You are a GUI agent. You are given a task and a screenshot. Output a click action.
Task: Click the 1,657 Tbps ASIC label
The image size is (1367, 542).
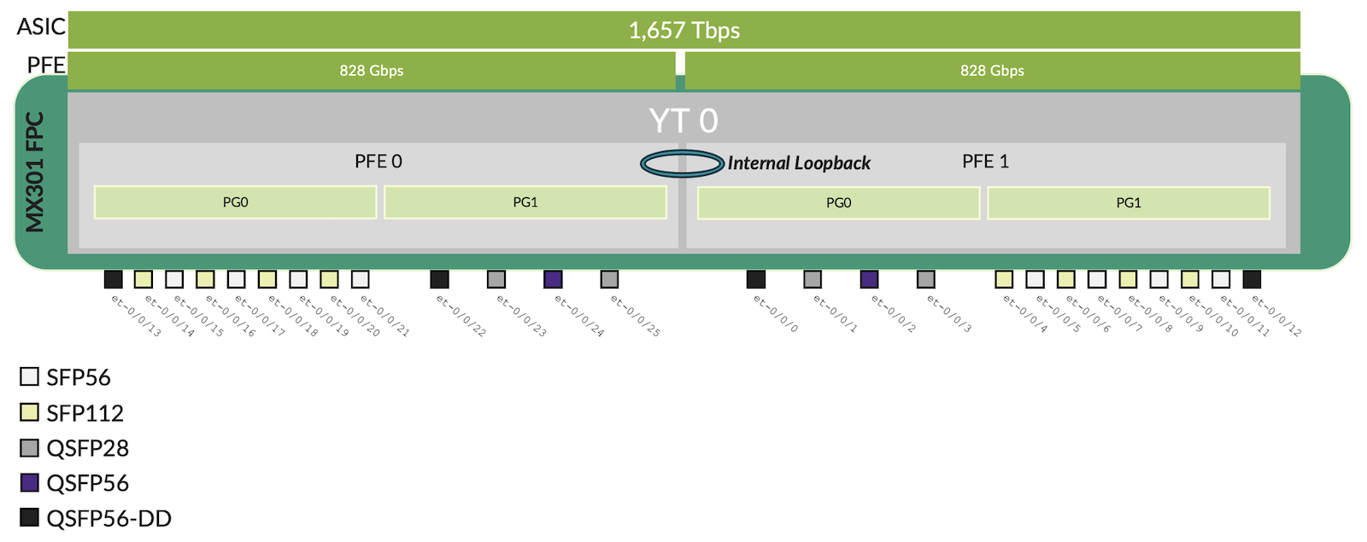[x=683, y=31]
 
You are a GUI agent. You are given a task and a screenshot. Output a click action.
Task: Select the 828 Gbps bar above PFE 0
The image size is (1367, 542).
[x=371, y=71]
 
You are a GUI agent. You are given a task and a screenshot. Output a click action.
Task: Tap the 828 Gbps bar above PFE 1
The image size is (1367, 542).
[x=991, y=71]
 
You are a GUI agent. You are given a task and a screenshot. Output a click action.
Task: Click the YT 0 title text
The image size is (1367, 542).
[x=683, y=121]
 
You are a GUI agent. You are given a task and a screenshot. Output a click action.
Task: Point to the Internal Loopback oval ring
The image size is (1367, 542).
[x=682, y=163]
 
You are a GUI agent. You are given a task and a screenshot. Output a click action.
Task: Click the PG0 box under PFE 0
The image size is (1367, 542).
[x=235, y=202]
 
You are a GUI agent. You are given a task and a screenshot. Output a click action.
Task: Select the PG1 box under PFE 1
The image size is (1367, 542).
[x=1128, y=202]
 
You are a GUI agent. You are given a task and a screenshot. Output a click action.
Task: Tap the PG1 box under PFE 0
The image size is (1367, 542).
[x=525, y=202]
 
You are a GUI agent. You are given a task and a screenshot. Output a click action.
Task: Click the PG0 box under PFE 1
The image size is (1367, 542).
[x=838, y=202]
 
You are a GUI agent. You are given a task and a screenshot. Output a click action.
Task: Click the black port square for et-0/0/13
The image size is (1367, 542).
[x=113, y=279]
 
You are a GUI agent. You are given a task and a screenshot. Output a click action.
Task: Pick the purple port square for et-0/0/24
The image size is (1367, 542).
[x=553, y=279]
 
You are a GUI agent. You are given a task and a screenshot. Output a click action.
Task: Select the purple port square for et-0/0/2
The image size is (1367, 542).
[x=869, y=279]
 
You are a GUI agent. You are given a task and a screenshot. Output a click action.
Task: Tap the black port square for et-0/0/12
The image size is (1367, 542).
[x=1252, y=279]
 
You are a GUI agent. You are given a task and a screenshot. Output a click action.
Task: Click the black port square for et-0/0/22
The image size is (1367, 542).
[x=439, y=279]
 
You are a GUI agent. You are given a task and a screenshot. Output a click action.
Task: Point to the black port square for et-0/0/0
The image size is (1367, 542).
[x=756, y=279]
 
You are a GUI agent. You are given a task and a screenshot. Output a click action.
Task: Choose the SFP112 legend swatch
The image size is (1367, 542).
[x=30, y=412]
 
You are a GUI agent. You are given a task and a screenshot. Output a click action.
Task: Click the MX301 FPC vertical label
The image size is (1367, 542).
[x=34, y=172]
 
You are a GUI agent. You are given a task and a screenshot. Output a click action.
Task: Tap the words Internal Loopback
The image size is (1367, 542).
[x=799, y=163]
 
